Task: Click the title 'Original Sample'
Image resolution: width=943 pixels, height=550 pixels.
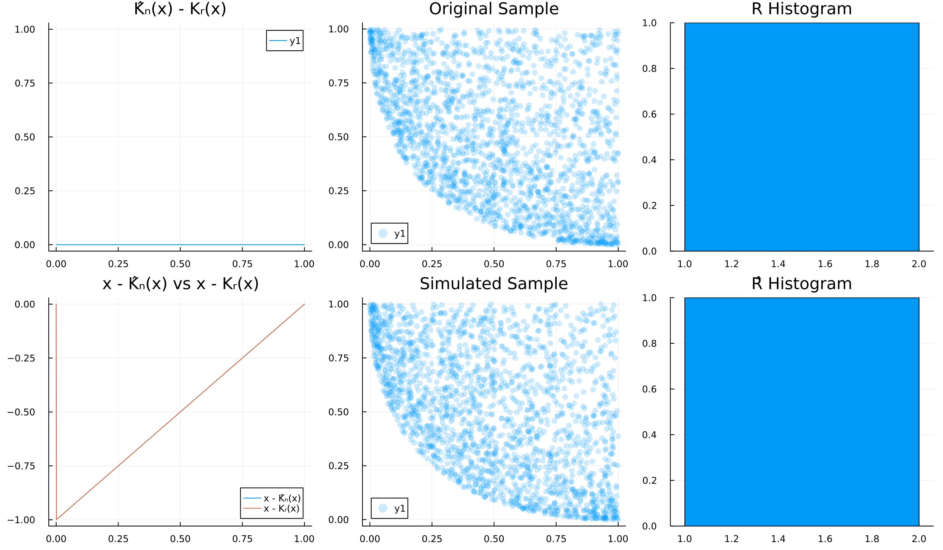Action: (x=494, y=9)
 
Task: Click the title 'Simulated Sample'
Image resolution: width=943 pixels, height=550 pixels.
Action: (x=494, y=284)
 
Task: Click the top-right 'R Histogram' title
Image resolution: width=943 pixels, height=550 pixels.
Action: (x=802, y=9)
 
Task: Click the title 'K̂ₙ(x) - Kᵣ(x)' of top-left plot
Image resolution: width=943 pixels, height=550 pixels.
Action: (x=180, y=9)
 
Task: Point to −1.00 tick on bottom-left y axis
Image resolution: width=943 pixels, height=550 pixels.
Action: (x=21, y=520)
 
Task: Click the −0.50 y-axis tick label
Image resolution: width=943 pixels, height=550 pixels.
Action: (x=21, y=412)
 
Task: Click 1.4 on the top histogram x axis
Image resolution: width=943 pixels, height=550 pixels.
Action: (x=778, y=264)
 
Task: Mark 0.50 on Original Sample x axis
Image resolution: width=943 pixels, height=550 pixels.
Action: (x=494, y=264)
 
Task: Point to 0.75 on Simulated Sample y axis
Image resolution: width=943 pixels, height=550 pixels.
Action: (x=338, y=358)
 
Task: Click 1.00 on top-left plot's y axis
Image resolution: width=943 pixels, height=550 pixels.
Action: (x=25, y=29)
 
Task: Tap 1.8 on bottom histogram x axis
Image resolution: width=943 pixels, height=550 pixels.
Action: (x=872, y=539)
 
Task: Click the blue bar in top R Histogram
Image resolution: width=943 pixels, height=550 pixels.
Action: (x=802, y=137)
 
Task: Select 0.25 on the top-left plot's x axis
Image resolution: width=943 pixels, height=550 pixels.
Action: (x=118, y=264)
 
